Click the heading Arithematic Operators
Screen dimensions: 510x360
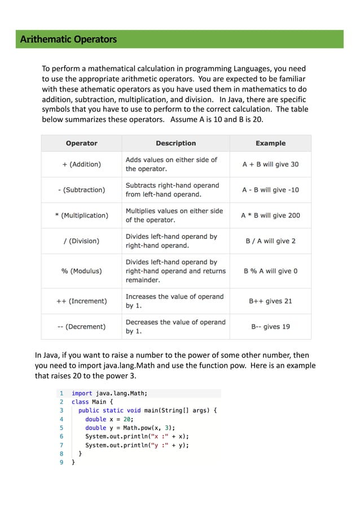[x=68, y=40]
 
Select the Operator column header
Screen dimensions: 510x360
[x=81, y=143]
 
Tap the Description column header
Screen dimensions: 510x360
[x=175, y=143]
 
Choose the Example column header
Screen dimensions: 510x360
[x=270, y=143]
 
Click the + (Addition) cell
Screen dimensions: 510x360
[x=81, y=164]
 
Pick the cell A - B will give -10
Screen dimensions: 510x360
[x=270, y=190]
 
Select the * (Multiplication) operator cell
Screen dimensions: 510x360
[x=81, y=215]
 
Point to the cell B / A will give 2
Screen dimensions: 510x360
[x=270, y=241]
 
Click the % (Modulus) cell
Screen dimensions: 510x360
[x=81, y=271]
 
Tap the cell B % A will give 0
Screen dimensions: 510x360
[x=270, y=271]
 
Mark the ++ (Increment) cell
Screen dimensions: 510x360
[x=81, y=301]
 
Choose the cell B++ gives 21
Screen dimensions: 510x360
[x=270, y=301]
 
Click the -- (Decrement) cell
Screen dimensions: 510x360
[x=81, y=326]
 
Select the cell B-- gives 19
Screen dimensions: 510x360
[x=270, y=326]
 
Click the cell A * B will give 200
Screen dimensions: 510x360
[x=270, y=215]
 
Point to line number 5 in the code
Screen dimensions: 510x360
[x=62, y=428]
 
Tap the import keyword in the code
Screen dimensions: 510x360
[x=82, y=394]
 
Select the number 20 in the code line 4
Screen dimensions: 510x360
[x=128, y=420]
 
